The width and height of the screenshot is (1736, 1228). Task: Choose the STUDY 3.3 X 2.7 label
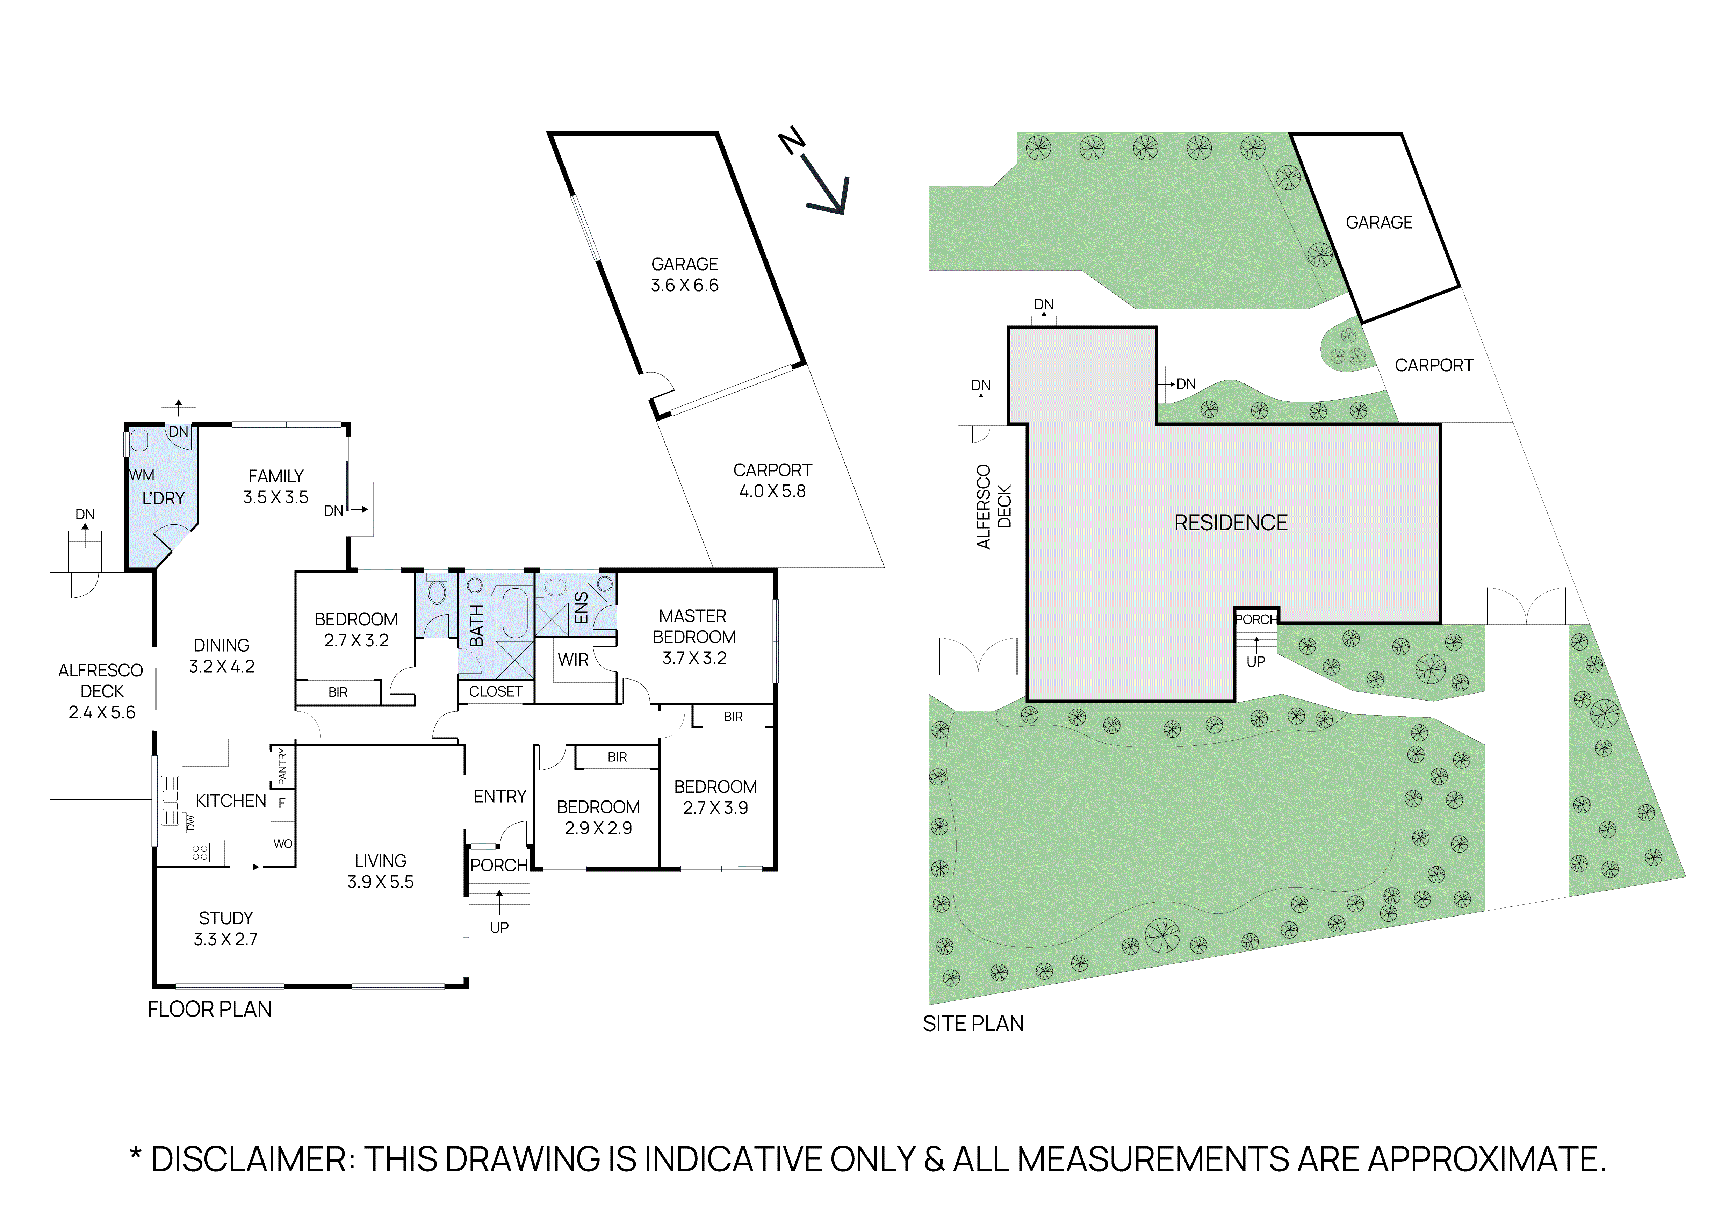225,928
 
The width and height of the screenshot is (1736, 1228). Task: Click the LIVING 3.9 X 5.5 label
380,871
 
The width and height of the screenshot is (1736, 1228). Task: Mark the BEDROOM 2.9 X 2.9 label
598,817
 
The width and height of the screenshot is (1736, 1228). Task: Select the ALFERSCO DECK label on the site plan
994,507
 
